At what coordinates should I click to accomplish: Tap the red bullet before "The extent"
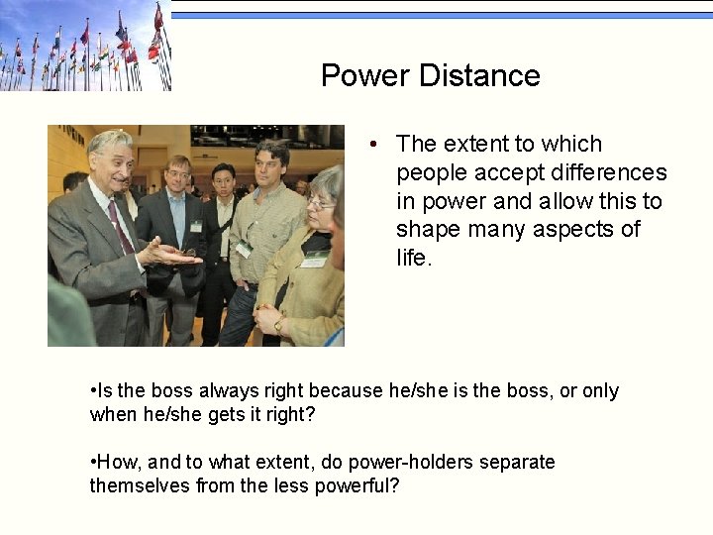tap(372, 145)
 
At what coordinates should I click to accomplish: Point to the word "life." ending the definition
tap(415, 258)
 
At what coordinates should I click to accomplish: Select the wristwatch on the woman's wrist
tap(278, 323)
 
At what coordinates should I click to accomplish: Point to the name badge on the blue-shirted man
tap(196, 227)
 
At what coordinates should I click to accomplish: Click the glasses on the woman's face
tap(319, 203)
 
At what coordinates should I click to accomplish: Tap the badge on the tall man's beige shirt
tap(244, 249)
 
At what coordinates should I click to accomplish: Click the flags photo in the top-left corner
tap(85, 46)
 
